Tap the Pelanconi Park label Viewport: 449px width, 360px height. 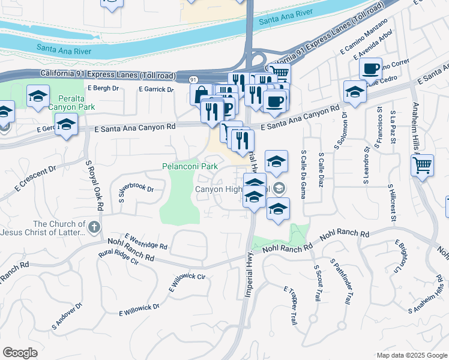190,166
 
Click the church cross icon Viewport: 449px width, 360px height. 94,227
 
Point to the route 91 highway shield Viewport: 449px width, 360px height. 193,79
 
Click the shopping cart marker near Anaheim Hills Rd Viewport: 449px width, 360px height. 422,164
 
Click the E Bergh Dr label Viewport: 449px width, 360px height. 103,88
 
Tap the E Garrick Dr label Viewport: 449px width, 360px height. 155,89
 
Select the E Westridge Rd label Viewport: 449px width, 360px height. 146,242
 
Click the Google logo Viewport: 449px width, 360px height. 20,352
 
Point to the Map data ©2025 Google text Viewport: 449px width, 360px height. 411,355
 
